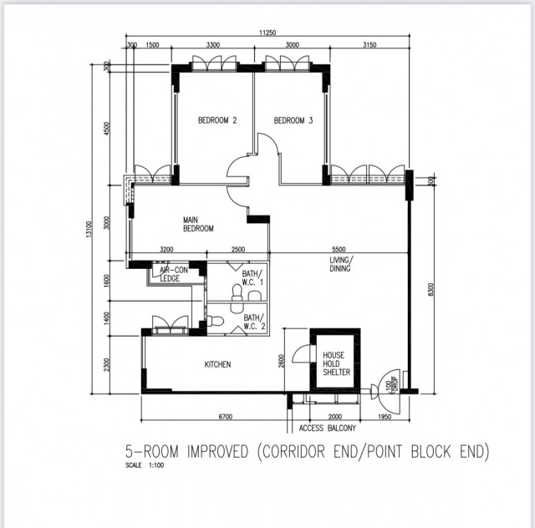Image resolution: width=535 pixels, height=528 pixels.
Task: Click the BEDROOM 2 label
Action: pyautogui.click(x=217, y=121)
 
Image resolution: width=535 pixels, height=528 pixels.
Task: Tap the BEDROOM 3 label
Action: pyautogui.click(x=293, y=121)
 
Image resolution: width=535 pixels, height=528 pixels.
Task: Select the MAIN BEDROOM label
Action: pyautogui.click(x=198, y=224)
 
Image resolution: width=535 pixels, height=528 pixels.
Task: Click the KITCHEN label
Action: pyautogui.click(x=217, y=364)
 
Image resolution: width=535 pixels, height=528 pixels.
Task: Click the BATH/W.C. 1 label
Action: pyautogui.click(x=252, y=277)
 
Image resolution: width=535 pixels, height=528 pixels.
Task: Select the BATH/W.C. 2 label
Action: pyautogui.click(x=253, y=322)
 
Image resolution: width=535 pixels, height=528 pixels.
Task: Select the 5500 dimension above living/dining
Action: pyautogui.click(x=338, y=250)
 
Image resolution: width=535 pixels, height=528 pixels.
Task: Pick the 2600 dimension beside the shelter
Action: pyautogui.click(x=281, y=359)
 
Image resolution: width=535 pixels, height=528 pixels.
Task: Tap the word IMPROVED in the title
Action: pyautogui.click(x=212, y=452)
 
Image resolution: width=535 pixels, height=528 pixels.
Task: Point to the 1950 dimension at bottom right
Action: pyautogui.click(x=385, y=416)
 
